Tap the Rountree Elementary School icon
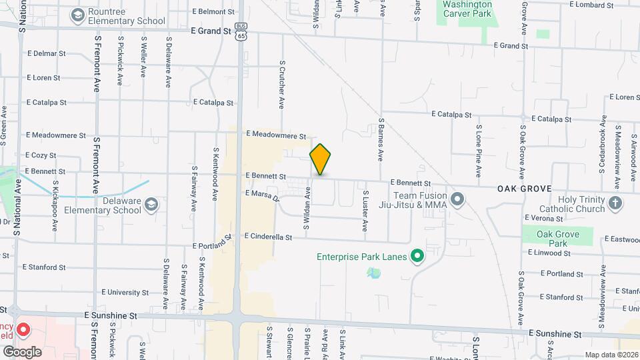click(x=78, y=14)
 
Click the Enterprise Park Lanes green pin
click(x=417, y=255)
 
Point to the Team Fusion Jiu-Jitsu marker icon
click(x=457, y=199)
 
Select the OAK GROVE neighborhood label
click(x=524, y=189)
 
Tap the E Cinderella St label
click(x=269, y=237)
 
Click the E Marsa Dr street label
click(x=261, y=195)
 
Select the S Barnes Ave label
click(x=381, y=140)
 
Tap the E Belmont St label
click(x=213, y=12)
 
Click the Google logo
click(x=22, y=351)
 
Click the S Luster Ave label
click(x=365, y=211)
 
